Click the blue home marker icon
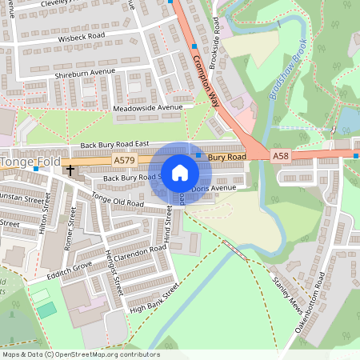[x=180, y=173]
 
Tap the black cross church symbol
[x=70, y=170]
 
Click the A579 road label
[x=124, y=161]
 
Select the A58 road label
[x=279, y=155]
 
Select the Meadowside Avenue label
[x=153, y=106]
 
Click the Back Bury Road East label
[x=115, y=146]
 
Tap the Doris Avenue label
[x=213, y=187]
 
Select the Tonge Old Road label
[x=118, y=201]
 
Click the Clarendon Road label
[x=141, y=254]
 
